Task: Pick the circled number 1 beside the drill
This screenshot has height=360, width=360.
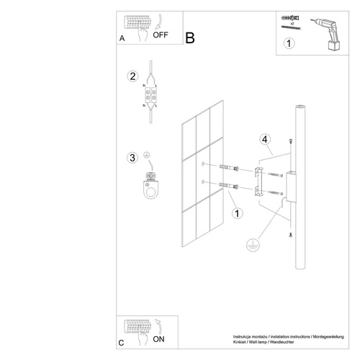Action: click(289, 44)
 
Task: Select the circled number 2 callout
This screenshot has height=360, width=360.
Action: click(132, 76)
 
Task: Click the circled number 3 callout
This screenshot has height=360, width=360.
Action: click(131, 158)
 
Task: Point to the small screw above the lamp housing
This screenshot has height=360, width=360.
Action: click(289, 141)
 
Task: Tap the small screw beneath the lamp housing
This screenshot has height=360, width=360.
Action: click(289, 233)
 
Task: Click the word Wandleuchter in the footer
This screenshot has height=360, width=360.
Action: click(328, 341)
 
